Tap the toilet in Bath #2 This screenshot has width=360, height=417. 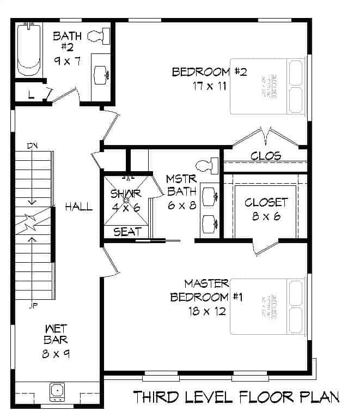pyautogui.click(x=100, y=36)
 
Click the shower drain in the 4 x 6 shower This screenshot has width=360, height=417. pyautogui.click(x=126, y=200)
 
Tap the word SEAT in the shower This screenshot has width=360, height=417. pyautogui.click(x=127, y=232)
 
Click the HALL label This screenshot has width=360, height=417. pyautogui.click(x=78, y=207)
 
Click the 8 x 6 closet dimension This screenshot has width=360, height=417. pyautogui.click(x=265, y=216)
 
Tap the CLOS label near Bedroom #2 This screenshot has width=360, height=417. pyautogui.click(x=266, y=156)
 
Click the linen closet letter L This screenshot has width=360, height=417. pyautogui.click(x=30, y=95)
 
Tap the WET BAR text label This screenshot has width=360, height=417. pyautogui.click(x=56, y=334)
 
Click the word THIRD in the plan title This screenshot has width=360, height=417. pyautogui.click(x=157, y=397)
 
